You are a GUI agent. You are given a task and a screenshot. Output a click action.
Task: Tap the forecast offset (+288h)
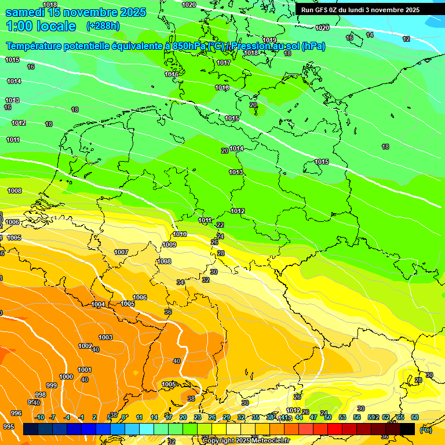103,26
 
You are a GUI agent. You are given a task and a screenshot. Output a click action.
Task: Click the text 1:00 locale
41,26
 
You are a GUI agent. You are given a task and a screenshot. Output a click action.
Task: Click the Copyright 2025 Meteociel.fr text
246,440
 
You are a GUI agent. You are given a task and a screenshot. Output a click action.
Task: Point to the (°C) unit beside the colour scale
425,430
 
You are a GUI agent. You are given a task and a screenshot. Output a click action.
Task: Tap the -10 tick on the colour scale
39,417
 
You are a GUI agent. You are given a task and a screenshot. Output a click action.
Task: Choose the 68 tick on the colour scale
415,417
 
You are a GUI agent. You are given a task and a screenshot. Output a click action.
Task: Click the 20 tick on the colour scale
183,417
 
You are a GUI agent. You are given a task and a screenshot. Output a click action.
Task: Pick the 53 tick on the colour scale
342,417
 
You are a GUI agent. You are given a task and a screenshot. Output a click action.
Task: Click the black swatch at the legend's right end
407,429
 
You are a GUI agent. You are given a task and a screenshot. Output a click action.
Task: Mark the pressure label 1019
269,40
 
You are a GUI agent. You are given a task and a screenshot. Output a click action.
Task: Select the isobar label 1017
224,63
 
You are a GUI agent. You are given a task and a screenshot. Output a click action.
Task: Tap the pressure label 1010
180,235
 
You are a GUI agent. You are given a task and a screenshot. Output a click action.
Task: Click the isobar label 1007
121,252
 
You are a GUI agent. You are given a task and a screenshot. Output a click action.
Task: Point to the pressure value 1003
105,337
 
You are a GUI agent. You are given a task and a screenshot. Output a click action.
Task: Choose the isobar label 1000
66,377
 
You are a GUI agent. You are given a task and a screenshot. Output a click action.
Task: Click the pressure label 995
8,426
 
